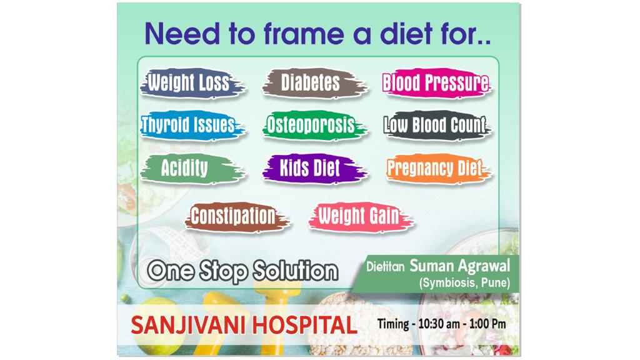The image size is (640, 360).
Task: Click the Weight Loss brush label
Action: (x=192, y=83)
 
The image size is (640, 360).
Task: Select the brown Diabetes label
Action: (x=314, y=83)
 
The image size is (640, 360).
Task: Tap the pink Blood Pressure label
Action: (x=437, y=83)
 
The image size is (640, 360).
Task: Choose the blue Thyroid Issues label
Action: (x=192, y=125)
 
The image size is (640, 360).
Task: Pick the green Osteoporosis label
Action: (x=314, y=125)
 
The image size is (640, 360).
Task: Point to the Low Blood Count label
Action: (x=437, y=125)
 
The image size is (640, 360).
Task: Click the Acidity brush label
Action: (x=192, y=169)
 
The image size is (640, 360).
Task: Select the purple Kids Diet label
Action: (x=314, y=169)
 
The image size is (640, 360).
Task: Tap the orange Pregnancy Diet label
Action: (x=438, y=169)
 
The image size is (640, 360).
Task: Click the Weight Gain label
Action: (x=361, y=217)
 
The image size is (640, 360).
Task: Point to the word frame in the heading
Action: (x=304, y=34)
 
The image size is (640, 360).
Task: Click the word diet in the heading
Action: (x=406, y=33)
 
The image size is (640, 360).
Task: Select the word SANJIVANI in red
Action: (x=188, y=325)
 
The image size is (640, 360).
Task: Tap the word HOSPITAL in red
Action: (x=305, y=325)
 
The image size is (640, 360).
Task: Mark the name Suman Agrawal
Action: (x=460, y=266)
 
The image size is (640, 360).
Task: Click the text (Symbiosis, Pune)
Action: (x=465, y=283)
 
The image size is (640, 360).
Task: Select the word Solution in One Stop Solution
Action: (x=295, y=271)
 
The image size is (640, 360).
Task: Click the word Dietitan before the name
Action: (x=385, y=267)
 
